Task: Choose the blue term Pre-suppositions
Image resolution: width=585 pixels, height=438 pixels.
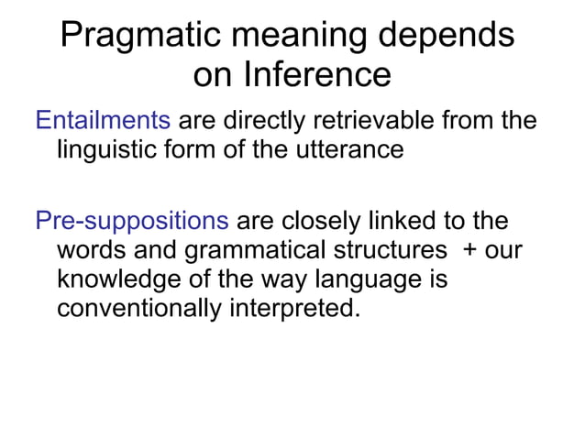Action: [x=131, y=222]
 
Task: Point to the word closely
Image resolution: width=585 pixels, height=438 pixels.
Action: [x=322, y=222]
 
